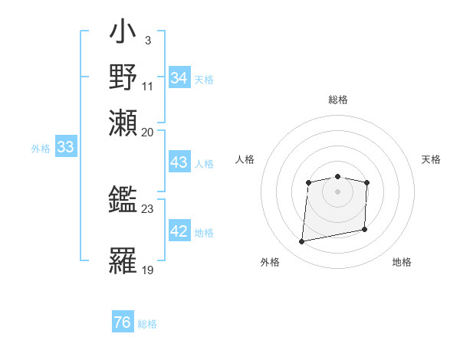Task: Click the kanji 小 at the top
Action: coord(124,34)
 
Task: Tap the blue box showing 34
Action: coord(179,78)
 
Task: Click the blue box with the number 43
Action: coord(179,162)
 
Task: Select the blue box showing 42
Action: coord(179,232)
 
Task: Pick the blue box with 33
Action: coord(65,148)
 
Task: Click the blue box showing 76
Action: coord(123,322)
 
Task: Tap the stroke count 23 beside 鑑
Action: coord(148,208)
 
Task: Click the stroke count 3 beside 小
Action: coord(147,38)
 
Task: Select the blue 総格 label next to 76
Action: coord(148,324)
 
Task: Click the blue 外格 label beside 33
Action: coord(41,149)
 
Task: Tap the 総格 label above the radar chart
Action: coord(338,100)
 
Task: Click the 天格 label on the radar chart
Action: coord(431,159)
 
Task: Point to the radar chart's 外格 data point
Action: coord(302,242)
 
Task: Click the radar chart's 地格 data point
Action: coord(365,228)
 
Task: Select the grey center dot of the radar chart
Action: coord(337,191)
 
